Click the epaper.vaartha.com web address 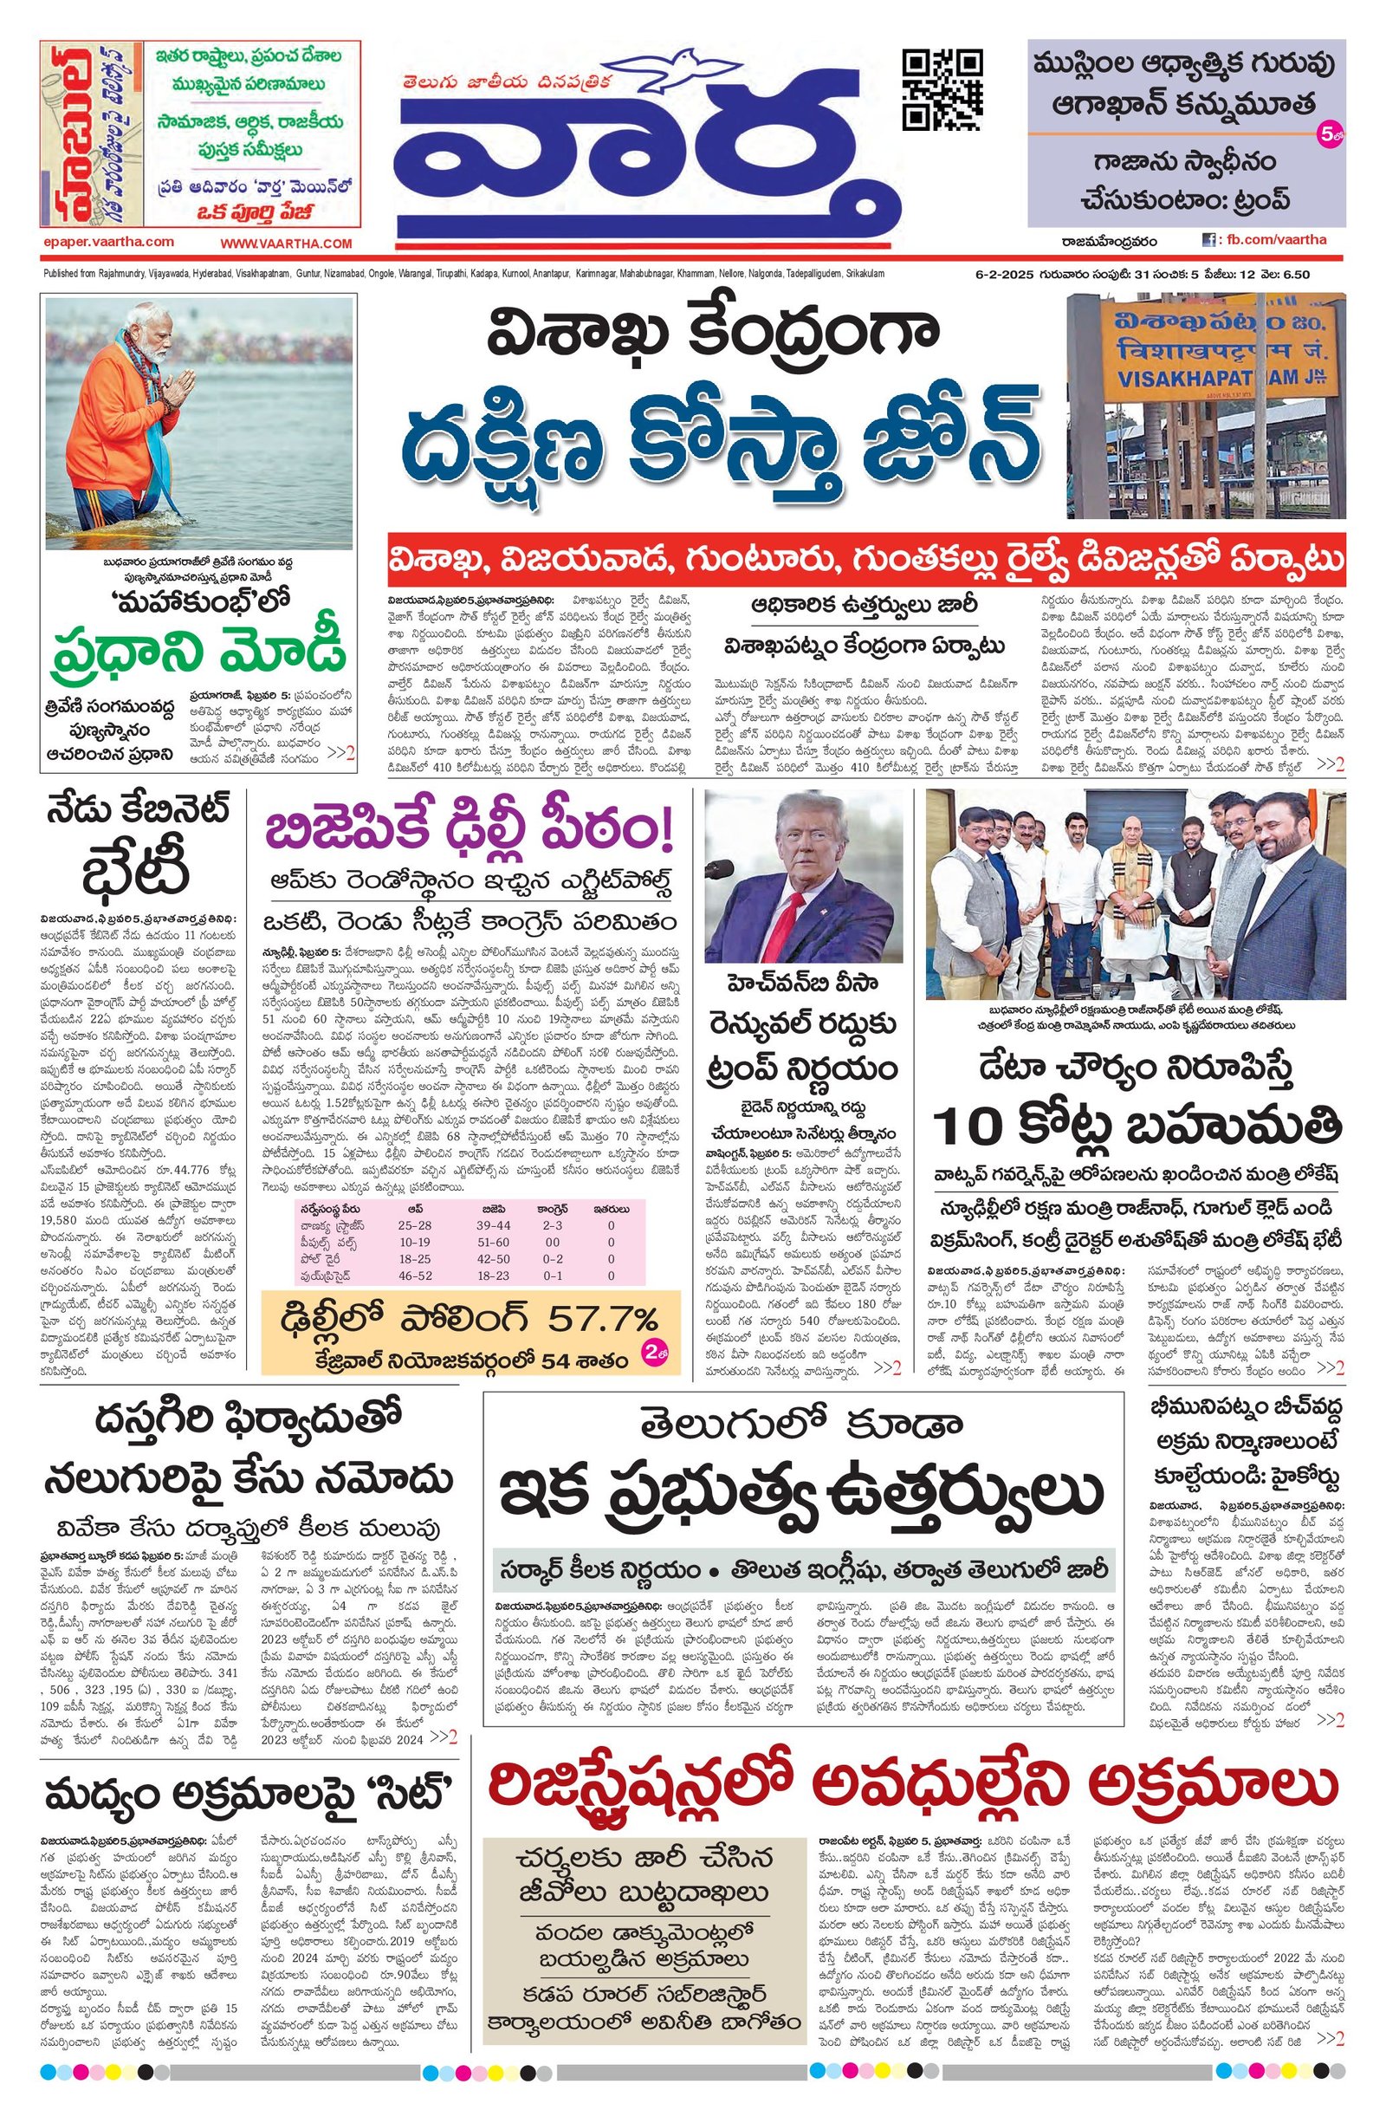(x=108, y=242)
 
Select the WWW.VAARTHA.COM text (x=287, y=243)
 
